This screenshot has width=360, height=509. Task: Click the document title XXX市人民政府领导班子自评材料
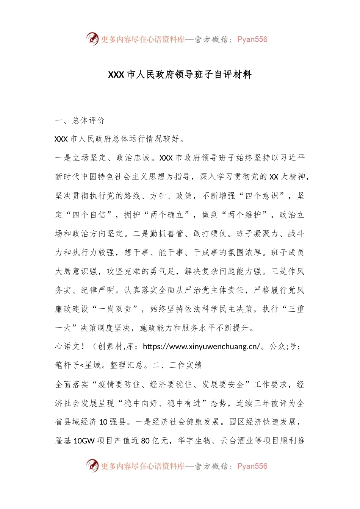[x=180, y=75]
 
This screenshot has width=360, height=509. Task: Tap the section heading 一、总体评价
[x=80, y=120]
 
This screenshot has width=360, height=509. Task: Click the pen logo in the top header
[x=92, y=39]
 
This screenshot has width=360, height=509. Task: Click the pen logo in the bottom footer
[x=92, y=465]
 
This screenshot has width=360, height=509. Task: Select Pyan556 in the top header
[x=252, y=39]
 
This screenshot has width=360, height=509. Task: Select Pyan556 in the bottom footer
[x=252, y=466]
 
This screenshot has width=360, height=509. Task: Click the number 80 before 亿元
[x=145, y=441]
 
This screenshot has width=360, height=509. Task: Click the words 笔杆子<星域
[x=78, y=365]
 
